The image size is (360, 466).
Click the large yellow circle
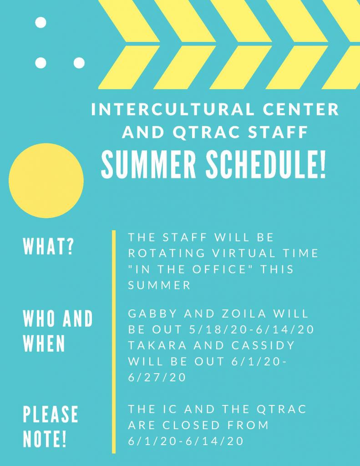click(x=46, y=180)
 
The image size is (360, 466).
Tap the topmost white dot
click(x=41, y=23)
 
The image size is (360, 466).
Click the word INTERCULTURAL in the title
click(x=173, y=109)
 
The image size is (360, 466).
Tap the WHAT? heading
click(x=48, y=246)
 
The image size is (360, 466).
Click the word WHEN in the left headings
click(x=44, y=344)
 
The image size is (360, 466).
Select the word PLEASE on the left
click(x=51, y=414)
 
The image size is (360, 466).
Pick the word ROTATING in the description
click(x=167, y=253)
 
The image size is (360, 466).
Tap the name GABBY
click(x=152, y=314)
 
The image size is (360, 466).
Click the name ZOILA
click(x=244, y=314)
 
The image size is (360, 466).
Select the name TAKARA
click(x=157, y=345)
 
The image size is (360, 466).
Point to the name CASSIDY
click(x=263, y=345)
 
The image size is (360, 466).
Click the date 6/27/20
click(x=157, y=377)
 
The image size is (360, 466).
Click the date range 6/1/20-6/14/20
click(x=186, y=441)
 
